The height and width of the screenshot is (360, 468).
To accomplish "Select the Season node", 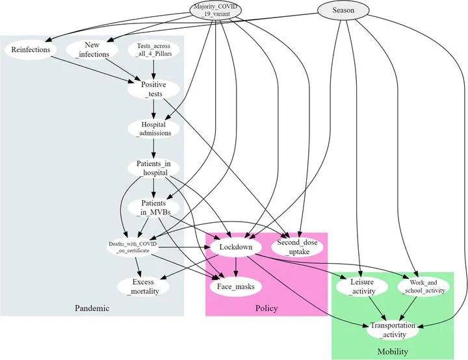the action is (343, 10).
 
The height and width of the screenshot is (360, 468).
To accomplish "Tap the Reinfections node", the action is (31, 49).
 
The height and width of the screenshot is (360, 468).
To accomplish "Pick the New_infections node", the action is (92, 49).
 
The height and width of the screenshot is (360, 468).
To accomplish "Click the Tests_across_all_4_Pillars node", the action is (153, 50).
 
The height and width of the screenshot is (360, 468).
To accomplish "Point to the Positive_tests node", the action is (153, 89).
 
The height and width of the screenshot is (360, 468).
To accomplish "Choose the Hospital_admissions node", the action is (153, 129).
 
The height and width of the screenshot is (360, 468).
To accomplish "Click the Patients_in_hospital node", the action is (153, 168).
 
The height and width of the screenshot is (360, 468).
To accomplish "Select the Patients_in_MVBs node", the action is (153, 207).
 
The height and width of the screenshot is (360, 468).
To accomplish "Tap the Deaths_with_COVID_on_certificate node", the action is (133, 247).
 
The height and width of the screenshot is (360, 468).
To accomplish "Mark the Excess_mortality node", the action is (143, 287).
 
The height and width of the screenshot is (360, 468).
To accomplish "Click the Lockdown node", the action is (236, 247).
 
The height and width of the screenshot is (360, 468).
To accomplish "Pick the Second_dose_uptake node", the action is (297, 247).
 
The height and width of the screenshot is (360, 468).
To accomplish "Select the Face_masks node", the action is (236, 287).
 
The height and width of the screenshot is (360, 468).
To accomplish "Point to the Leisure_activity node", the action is (362, 287).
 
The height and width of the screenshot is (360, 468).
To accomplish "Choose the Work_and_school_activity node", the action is (424, 287).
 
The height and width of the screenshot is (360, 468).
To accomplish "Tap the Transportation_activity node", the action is (393, 330).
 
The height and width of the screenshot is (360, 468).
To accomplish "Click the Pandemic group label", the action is (92, 308).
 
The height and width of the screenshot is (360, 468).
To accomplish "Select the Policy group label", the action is (266, 308).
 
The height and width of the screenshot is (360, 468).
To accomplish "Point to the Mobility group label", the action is (393, 352).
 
